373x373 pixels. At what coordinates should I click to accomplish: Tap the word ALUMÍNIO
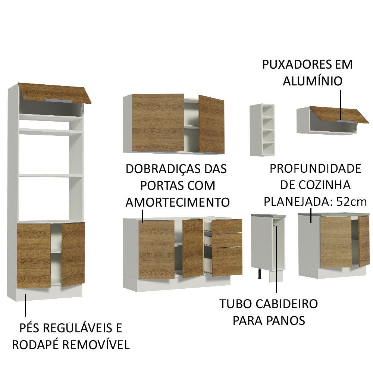coord(313,81)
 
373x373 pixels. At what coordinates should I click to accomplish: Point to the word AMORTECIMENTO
coord(177,203)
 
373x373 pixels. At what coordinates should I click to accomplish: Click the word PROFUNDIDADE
coord(315,169)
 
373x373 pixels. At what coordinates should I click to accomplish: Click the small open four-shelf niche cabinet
coord(262,129)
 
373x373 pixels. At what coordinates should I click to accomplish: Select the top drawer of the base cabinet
coord(227,226)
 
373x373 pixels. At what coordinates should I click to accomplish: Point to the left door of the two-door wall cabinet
coord(157,122)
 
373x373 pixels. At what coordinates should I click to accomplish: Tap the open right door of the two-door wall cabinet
coord(211,124)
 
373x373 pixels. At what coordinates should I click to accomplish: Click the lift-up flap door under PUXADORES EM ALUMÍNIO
coord(338,114)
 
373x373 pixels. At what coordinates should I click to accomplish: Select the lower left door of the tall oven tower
coord(34,255)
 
